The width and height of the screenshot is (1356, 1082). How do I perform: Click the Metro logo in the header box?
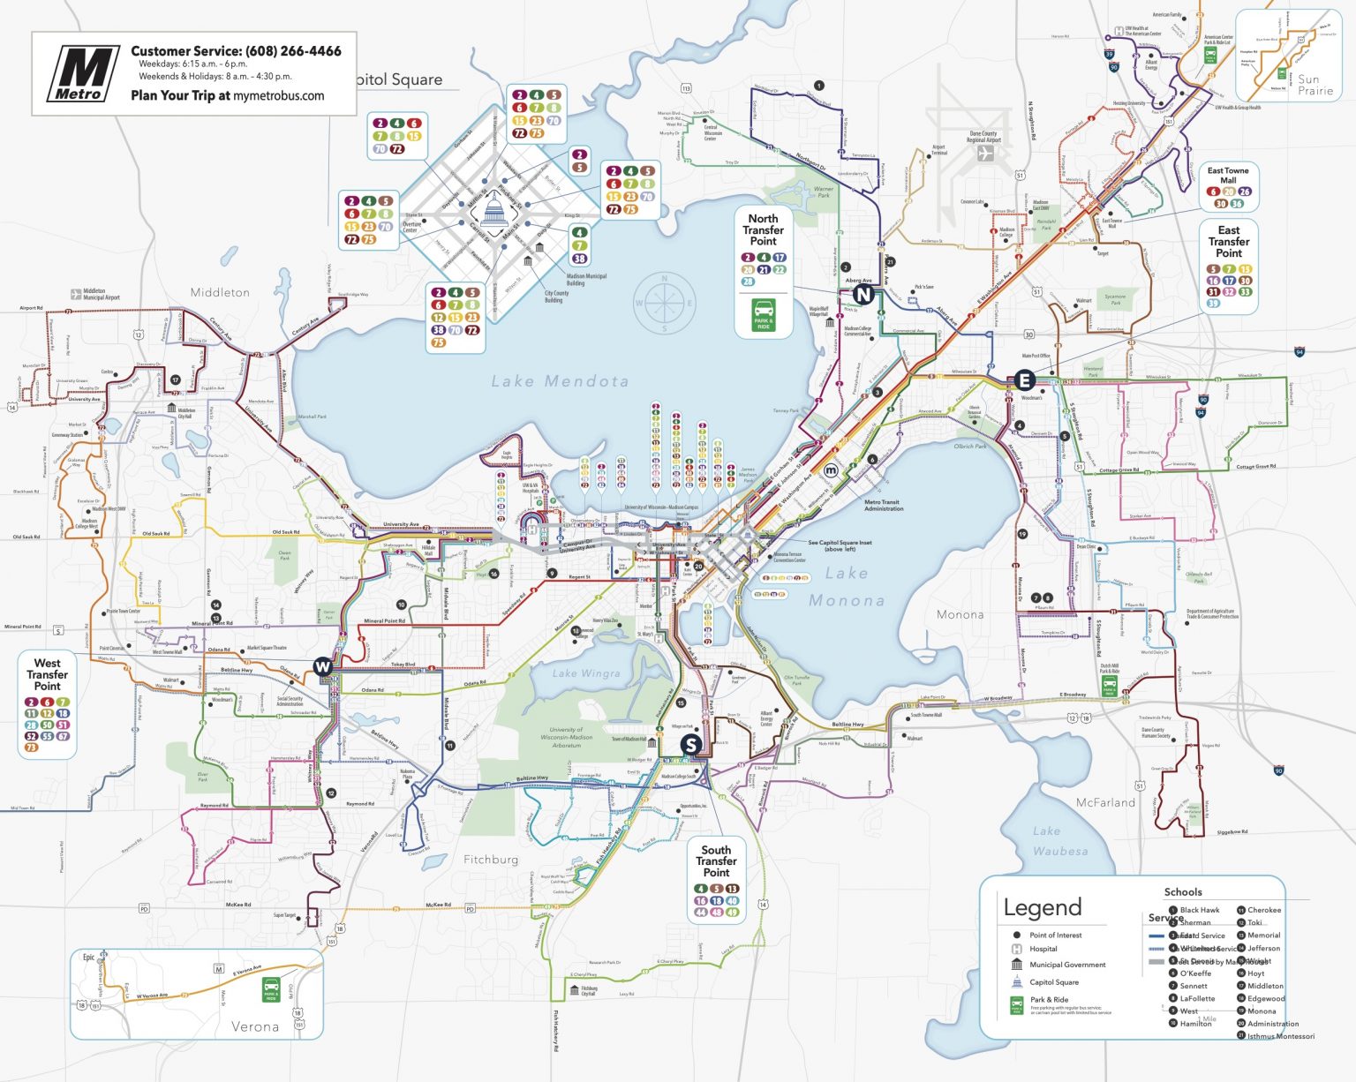point(82,74)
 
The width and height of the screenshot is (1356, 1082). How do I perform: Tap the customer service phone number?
point(293,51)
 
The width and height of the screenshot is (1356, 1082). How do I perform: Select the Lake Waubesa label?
point(1059,841)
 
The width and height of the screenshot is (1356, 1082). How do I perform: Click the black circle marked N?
point(863,295)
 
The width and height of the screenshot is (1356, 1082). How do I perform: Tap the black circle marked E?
point(1024,380)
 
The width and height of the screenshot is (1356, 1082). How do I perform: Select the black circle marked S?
point(690,745)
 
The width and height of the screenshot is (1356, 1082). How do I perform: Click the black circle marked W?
point(323,666)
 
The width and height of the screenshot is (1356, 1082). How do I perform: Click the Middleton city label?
point(220,292)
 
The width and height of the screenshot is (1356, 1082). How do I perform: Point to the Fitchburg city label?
point(491,860)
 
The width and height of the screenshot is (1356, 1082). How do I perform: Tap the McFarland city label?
point(1105,802)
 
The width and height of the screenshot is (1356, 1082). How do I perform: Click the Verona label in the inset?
point(254,1026)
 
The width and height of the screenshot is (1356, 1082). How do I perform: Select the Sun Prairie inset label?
point(1315,85)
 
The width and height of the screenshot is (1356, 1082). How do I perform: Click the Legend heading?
point(1042,907)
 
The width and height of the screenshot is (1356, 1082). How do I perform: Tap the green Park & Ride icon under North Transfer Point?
point(764,315)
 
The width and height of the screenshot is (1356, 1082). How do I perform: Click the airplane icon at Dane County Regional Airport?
point(984,153)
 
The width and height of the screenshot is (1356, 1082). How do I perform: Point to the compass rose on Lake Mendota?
point(664,303)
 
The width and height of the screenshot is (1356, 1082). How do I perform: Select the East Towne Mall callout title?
point(1228,175)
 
